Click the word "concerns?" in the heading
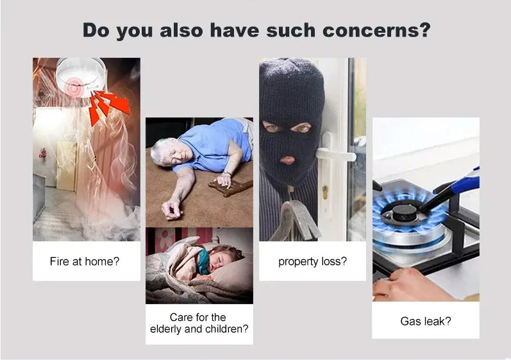point(376,30)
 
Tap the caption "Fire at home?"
point(85,262)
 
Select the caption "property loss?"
point(312,262)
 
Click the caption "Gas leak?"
point(426,321)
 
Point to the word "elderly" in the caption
point(166,329)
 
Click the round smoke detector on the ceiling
point(81,77)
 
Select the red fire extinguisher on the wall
point(43,153)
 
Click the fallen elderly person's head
point(167,152)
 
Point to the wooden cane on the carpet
point(231,188)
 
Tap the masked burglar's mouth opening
point(287,160)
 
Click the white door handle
point(336,154)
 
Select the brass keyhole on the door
point(325,192)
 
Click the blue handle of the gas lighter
point(464,182)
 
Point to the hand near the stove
point(414,286)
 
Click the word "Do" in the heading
point(96,30)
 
